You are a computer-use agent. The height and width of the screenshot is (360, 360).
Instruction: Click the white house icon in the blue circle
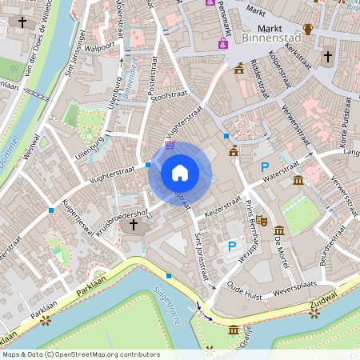(x=179, y=172)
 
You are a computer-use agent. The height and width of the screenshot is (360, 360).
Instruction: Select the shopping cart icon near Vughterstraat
(x=170, y=146)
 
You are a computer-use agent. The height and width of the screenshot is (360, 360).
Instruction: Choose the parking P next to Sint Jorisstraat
(x=232, y=246)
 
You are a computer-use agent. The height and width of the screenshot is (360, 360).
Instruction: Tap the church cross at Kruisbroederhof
(x=133, y=226)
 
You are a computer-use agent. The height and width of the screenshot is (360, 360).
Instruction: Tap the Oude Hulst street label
(x=245, y=286)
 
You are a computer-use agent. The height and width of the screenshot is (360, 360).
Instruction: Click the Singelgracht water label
(x=164, y=297)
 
